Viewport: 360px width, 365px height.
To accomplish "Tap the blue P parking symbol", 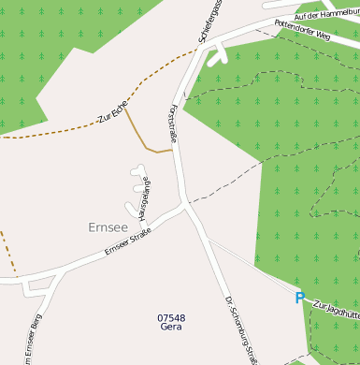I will (x=299, y=298).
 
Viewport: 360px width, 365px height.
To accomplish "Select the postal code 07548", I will (x=171, y=318).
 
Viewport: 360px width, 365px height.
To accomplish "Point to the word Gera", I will (x=171, y=328).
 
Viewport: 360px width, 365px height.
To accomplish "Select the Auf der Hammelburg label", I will (x=327, y=9).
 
